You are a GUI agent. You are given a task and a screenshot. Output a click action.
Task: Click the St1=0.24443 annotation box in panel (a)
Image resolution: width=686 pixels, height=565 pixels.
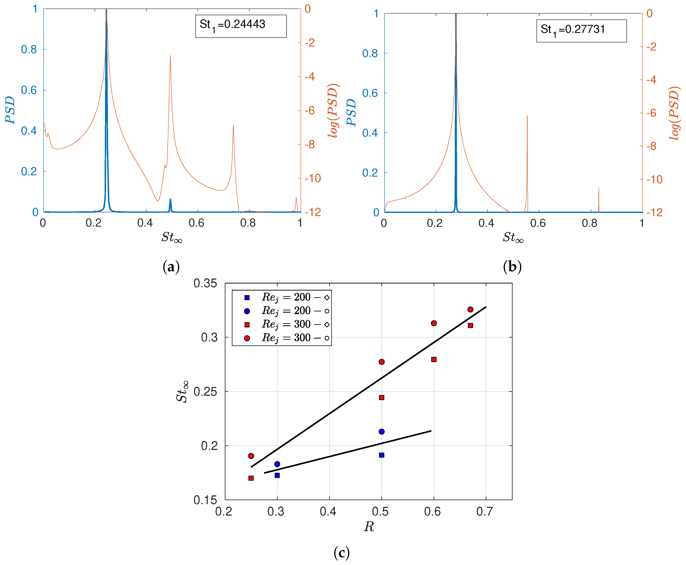click(x=241, y=26)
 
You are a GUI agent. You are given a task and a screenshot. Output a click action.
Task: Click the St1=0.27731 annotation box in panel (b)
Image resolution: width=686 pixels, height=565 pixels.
click(x=581, y=31)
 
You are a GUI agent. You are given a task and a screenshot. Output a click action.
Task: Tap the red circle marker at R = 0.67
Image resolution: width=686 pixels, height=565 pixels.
click(x=470, y=309)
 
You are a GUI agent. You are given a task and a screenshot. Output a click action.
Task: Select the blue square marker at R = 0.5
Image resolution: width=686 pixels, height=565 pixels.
click(x=381, y=455)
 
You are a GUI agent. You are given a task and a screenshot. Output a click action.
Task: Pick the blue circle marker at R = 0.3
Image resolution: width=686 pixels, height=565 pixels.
click(x=277, y=464)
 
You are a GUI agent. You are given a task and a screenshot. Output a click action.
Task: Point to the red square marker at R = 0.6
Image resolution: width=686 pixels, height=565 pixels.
click(x=434, y=359)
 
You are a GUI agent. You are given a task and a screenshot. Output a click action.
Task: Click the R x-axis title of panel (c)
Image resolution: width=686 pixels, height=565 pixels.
click(x=369, y=527)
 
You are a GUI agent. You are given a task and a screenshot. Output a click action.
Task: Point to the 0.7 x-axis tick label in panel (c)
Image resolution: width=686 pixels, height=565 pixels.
click(x=484, y=511)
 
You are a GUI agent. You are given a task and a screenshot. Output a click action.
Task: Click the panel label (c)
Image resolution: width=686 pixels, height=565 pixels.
click(x=341, y=552)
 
